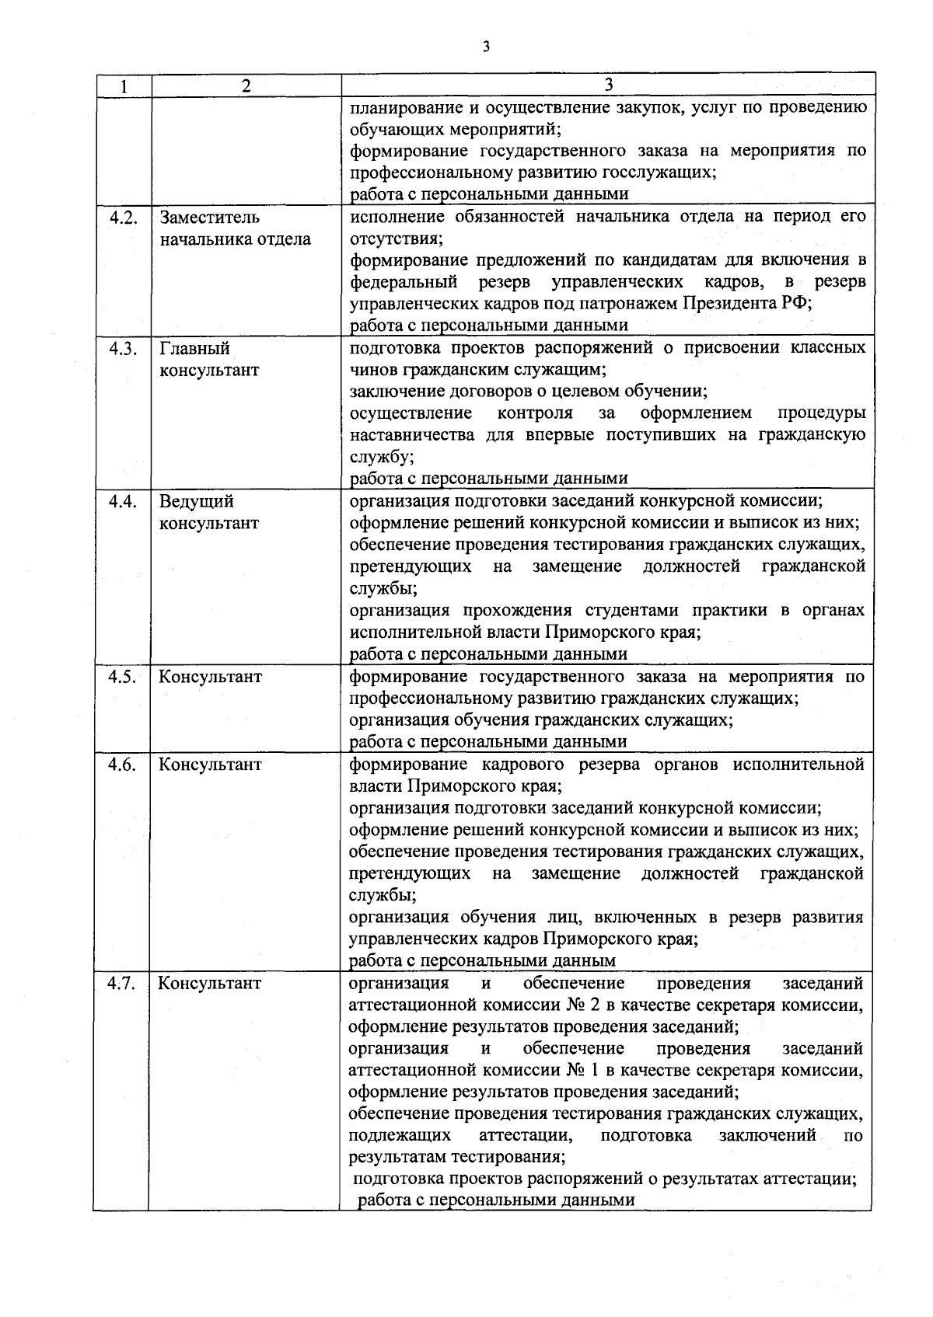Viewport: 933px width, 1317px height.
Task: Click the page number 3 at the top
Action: (x=486, y=47)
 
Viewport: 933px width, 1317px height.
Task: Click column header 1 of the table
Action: (x=123, y=86)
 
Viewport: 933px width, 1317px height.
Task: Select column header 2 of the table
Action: (x=246, y=86)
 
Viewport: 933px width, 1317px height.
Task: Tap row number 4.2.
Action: (x=123, y=218)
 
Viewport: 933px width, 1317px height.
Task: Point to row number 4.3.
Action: (x=123, y=349)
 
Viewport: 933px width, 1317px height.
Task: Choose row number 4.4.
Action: (x=123, y=502)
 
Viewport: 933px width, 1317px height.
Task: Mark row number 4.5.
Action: (x=123, y=677)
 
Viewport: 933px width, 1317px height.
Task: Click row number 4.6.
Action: (x=123, y=765)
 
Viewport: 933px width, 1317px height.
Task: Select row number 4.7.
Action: (x=123, y=984)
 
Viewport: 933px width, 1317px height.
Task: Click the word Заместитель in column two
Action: (x=210, y=218)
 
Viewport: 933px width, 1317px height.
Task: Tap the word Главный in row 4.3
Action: (x=194, y=349)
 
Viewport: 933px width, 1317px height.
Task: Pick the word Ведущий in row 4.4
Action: (x=197, y=502)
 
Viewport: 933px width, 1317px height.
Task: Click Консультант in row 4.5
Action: (x=211, y=677)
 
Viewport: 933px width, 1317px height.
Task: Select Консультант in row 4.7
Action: (x=210, y=984)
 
